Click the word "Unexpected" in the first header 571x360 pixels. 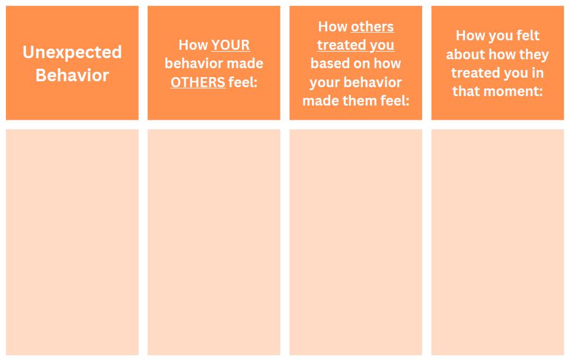72,52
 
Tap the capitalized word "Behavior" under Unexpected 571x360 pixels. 72,75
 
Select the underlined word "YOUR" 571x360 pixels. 231,45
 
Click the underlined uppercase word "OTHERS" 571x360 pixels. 197,82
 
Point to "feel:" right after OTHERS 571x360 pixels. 243,82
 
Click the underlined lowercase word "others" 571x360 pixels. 372,27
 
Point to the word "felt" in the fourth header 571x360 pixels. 527,36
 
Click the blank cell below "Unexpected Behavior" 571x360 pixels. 72,243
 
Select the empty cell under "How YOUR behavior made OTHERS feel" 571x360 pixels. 214,243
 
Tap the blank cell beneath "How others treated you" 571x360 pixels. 356,243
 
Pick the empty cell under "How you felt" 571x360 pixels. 497,243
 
